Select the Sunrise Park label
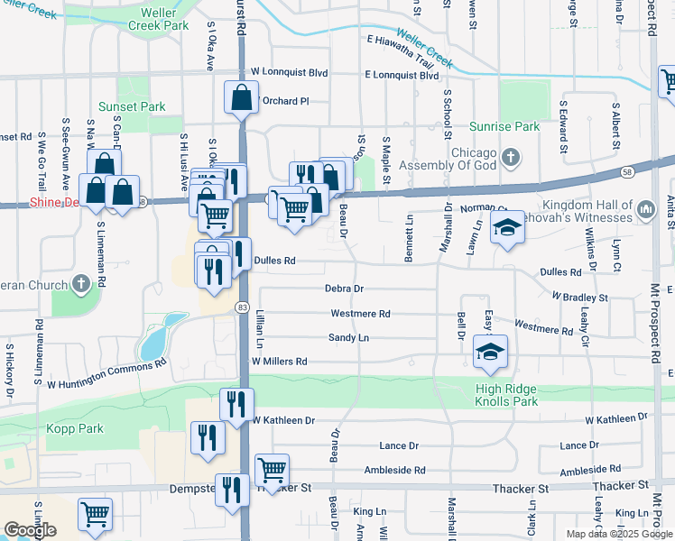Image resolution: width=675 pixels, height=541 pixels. click(x=504, y=126)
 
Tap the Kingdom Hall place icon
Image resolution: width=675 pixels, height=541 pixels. click(x=645, y=210)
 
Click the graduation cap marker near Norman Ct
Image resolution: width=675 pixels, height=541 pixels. click(x=507, y=228)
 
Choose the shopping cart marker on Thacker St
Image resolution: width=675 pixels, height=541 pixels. click(x=272, y=469)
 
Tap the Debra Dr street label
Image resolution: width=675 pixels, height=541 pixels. click(x=344, y=289)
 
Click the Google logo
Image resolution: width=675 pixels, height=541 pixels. click(x=31, y=530)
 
